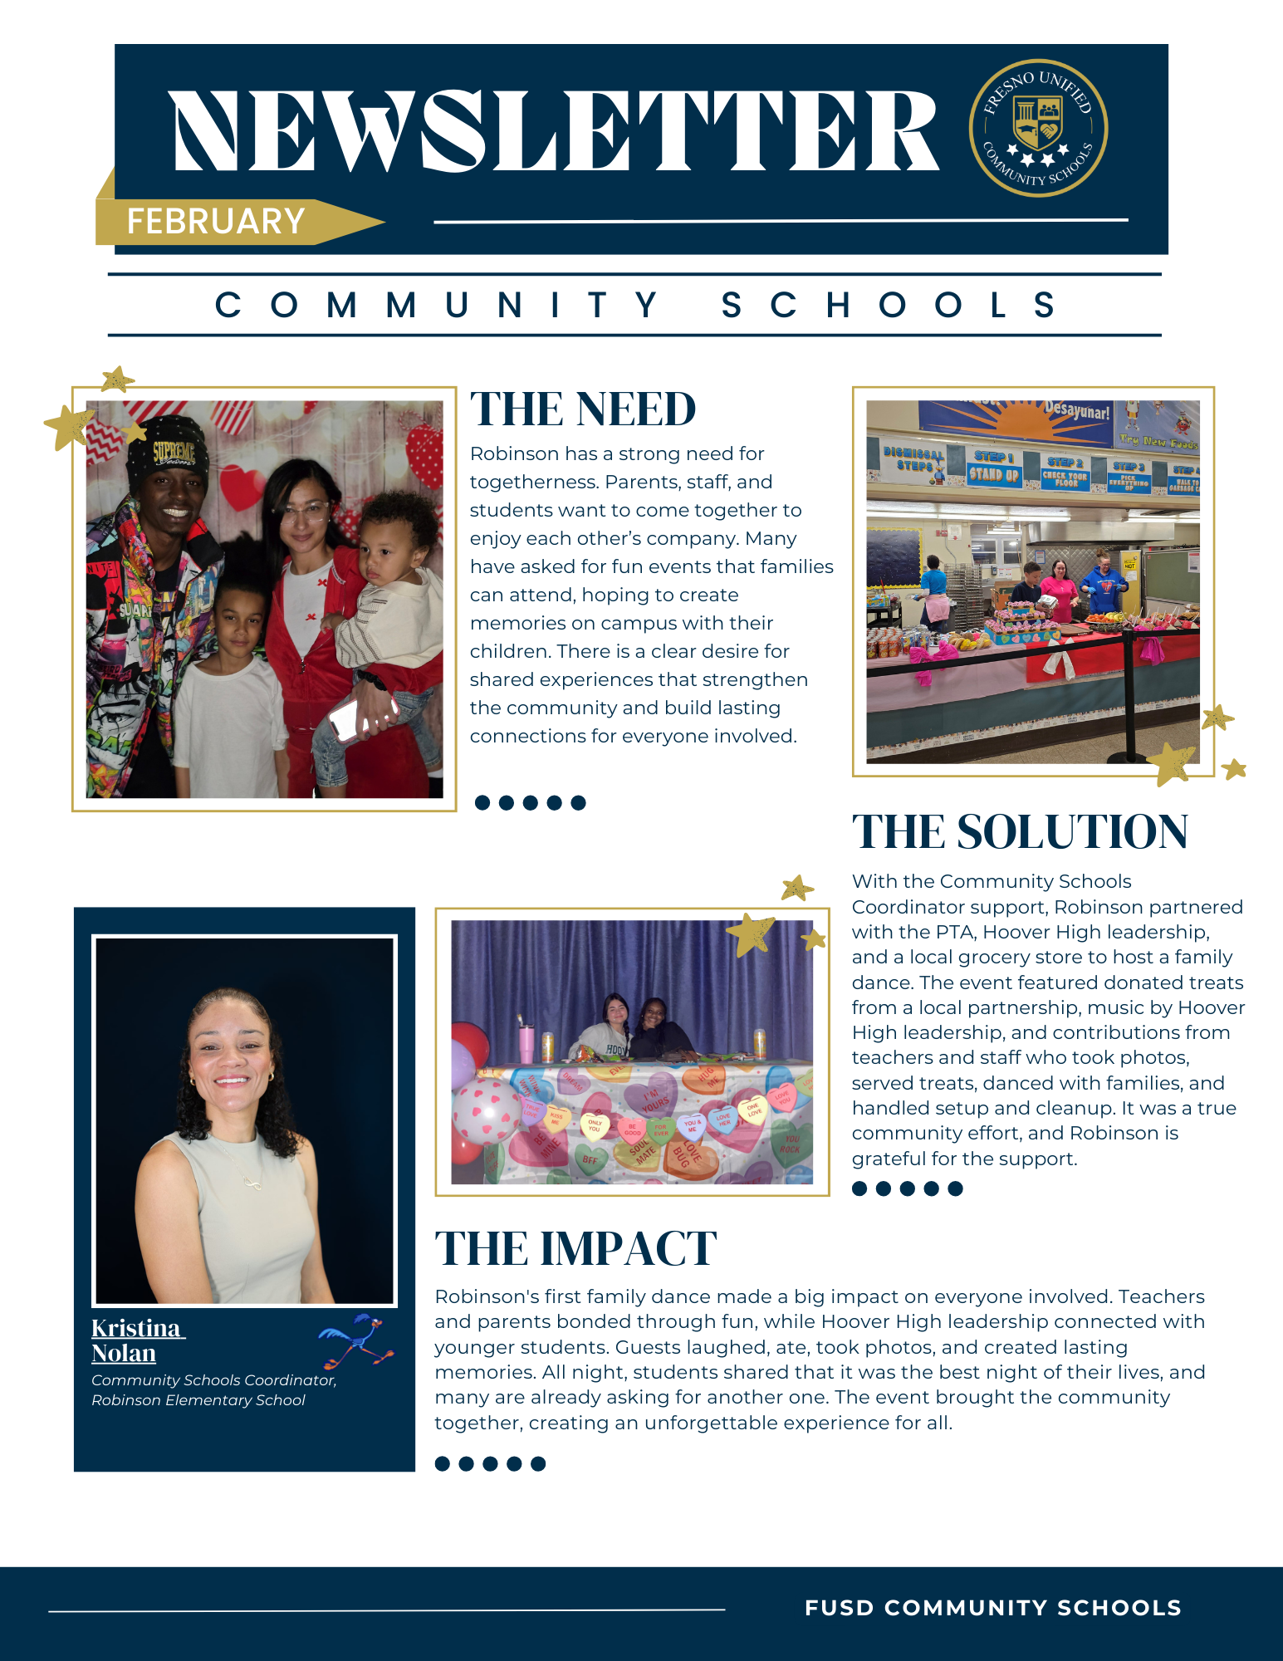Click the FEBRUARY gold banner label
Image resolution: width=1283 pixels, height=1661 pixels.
(x=216, y=222)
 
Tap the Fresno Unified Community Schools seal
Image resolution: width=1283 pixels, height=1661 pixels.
(x=1038, y=128)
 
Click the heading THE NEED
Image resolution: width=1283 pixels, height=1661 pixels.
(x=582, y=409)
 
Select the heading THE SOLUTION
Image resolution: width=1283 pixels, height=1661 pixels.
(x=1020, y=832)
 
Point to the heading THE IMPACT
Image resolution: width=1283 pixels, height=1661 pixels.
(x=575, y=1248)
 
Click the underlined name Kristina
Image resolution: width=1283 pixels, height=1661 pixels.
(x=136, y=1328)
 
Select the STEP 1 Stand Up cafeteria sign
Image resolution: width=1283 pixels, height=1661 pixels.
(x=994, y=468)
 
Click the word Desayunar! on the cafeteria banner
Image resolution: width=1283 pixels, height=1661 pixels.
(x=1077, y=410)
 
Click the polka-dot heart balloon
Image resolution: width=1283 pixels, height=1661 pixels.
(x=487, y=1113)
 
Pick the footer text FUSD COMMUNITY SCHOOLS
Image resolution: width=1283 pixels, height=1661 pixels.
(x=992, y=1608)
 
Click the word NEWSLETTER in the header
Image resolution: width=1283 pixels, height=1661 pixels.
(x=555, y=131)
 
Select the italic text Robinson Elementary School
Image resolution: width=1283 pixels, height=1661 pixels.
(x=198, y=1400)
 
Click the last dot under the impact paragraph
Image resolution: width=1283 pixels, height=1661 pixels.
(x=538, y=1463)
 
